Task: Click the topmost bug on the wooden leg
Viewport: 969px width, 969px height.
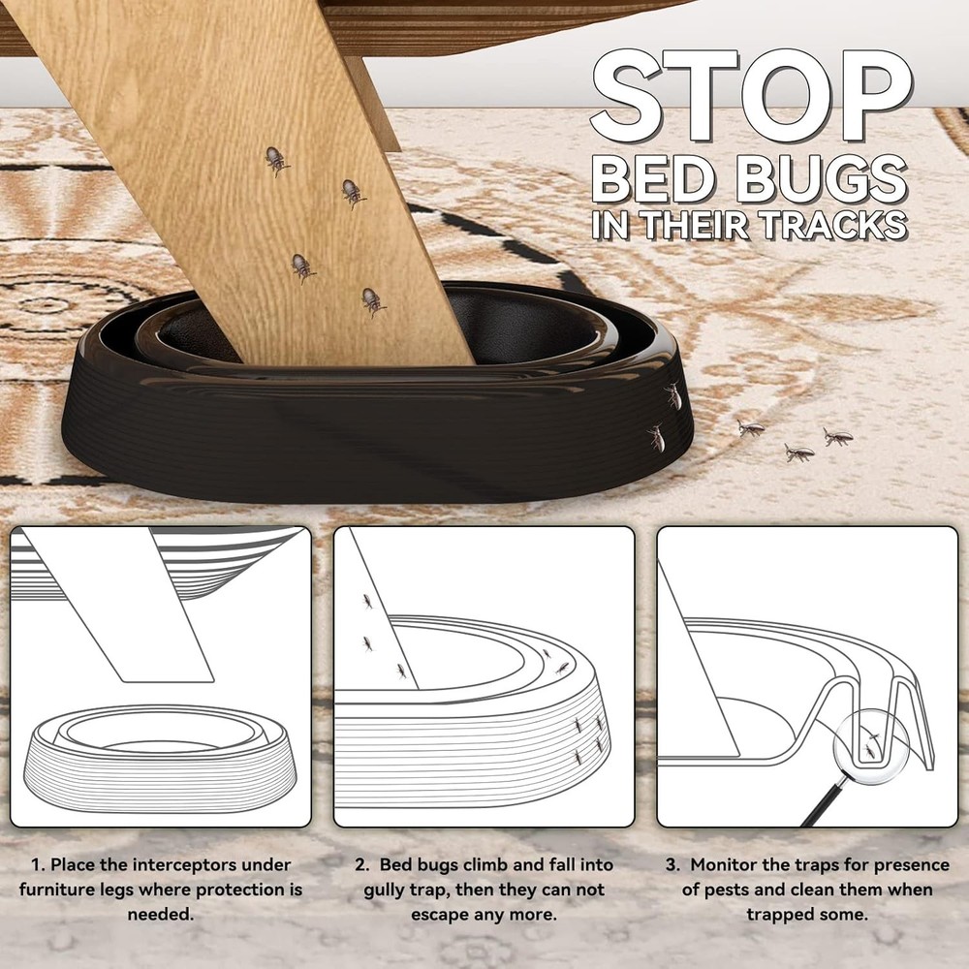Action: [x=276, y=160]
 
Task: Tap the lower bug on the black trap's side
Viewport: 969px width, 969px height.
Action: [x=657, y=438]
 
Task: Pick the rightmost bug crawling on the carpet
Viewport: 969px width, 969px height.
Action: [x=837, y=437]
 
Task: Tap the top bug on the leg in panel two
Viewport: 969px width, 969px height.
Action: [x=366, y=602]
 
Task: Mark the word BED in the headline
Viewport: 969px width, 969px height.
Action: [x=647, y=182]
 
